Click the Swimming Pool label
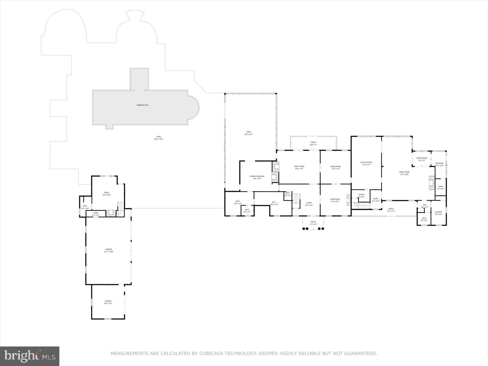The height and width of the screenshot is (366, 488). (143, 105)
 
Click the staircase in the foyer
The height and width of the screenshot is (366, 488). (297, 201)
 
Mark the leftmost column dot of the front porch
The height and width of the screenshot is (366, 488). (304, 229)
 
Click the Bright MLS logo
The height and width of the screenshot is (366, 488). (30, 356)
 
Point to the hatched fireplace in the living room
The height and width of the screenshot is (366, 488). (349, 200)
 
